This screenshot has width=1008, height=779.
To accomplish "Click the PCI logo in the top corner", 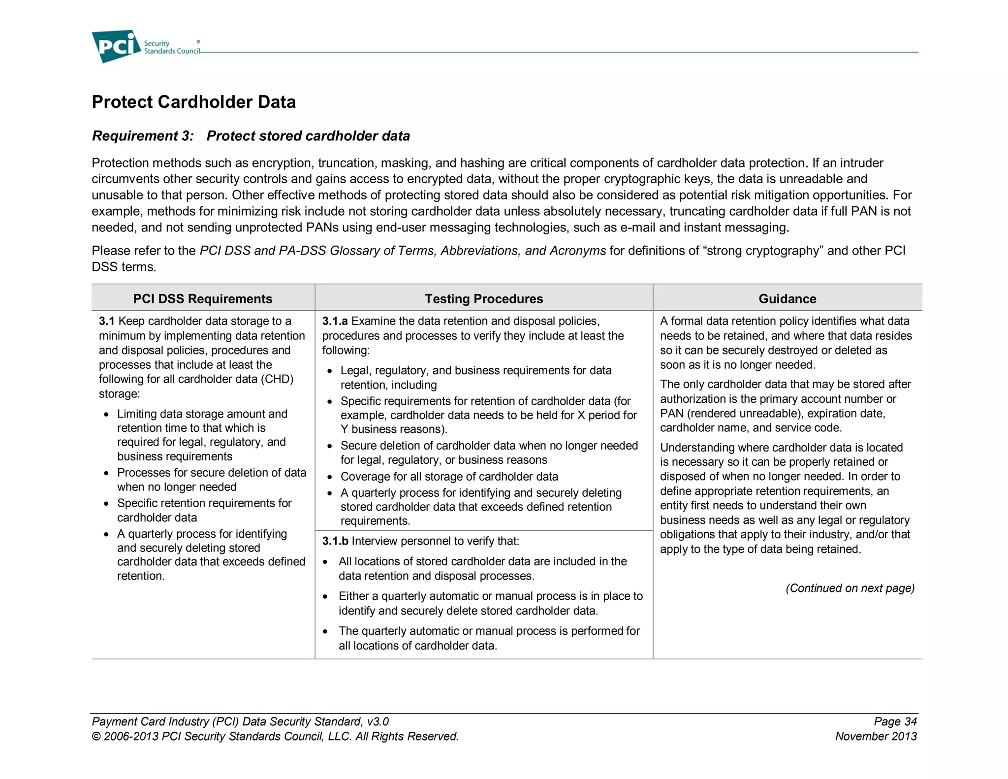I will click(x=116, y=46).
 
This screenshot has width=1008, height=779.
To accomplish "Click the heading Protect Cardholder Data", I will click(x=193, y=102).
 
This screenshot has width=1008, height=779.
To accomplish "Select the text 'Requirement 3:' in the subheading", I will click(x=143, y=136).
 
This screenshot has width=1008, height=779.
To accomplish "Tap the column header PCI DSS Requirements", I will click(x=202, y=298).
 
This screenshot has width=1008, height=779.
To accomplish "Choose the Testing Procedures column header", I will click(x=483, y=298).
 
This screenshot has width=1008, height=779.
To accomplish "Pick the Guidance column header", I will click(x=787, y=298).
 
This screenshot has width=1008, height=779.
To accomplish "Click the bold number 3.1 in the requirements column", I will click(x=106, y=321).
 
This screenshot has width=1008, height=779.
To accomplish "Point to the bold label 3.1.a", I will click(x=335, y=321).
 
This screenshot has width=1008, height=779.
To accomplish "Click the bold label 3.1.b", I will click(x=335, y=541).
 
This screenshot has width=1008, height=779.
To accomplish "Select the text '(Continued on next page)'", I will click(x=850, y=588).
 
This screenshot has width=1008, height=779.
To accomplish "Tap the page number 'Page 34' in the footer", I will click(x=895, y=721).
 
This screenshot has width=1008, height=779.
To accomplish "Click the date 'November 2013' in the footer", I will click(x=876, y=736).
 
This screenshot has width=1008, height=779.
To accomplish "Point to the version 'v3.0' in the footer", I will click(x=378, y=721).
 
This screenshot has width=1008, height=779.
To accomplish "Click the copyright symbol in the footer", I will click(x=96, y=737).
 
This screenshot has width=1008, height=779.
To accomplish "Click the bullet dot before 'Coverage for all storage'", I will click(x=330, y=477).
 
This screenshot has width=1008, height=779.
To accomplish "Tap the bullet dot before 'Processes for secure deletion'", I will click(x=106, y=473).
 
